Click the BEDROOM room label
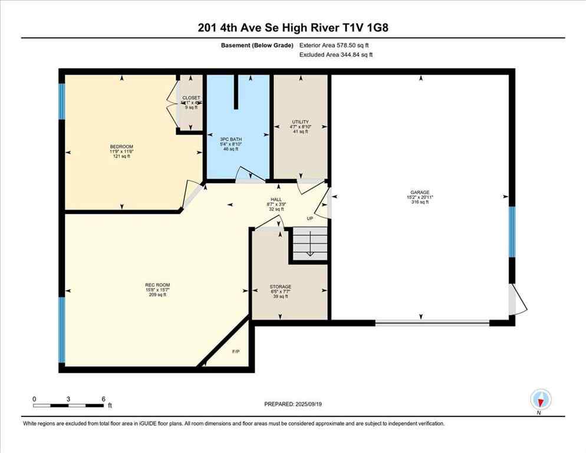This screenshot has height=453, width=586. pyautogui.click(x=121, y=147)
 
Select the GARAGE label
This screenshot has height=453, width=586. pyautogui.click(x=419, y=192)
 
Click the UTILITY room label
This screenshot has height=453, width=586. pyautogui.click(x=300, y=122)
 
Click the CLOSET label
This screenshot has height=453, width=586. pyautogui.click(x=191, y=98)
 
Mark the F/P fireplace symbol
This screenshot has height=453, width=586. pyautogui.click(x=235, y=352)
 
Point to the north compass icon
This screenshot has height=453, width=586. pyautogui.click(x=540, y=399)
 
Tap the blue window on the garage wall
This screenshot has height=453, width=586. pyautogui.click(x=512, y=232)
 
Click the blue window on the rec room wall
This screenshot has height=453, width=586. pyautogui.click(x=61, y=329)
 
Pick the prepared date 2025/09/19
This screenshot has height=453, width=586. pyautogui.click(x=293, y=404)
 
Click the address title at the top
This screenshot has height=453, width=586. pyautogui.click(x=293, y=28)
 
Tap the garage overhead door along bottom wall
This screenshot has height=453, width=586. pyautogui.click(x=432, y=322)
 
